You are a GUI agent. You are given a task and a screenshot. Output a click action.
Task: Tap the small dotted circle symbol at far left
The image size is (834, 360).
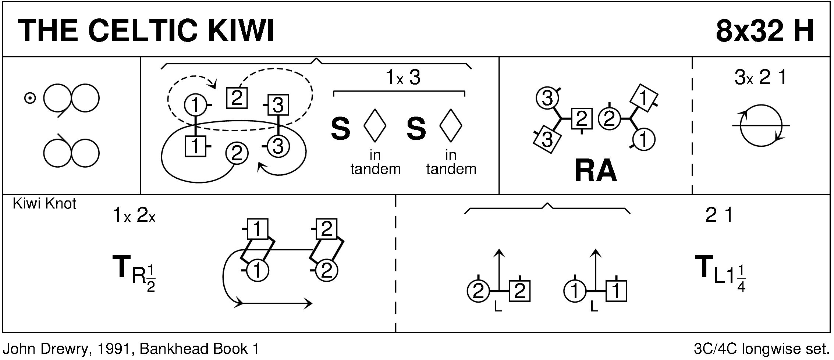pyautogui.click(x=30, y=99)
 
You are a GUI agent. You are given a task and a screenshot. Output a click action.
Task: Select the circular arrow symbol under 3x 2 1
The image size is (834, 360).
pyautogui.click(x=761, y=126)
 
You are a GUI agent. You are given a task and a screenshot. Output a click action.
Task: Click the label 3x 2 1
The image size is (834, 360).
pyautogui.click(x=760, y=78)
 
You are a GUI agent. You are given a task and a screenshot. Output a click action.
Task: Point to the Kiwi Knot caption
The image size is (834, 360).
pyautogui.click(x=45, y=204)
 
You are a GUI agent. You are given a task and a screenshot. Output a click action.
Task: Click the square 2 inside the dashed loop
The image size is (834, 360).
pyautogui.click(x=237, y=98)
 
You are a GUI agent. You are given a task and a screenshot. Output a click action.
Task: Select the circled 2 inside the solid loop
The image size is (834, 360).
pyautogui.click(x=237, y=153)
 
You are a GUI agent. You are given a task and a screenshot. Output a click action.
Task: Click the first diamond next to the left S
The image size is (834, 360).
pyautogui.click(x=375, y=125)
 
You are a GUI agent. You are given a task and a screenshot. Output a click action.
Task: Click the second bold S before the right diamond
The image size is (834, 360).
pyautogui.click(x=416, y=129)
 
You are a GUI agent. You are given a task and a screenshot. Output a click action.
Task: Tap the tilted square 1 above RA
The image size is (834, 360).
pyautogui.click(x=643, y=98)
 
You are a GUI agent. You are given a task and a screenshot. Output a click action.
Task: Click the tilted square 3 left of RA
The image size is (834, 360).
pyautogui.click(x=547, y=140)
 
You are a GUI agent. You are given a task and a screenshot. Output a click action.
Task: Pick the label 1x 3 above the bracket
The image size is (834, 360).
pyautogui.click(x=403, y=78)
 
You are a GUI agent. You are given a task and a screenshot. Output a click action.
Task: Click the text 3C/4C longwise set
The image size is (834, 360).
pyautogui.click(x=760, y=349)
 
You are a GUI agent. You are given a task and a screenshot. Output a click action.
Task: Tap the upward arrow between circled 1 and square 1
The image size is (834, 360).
pyautogui.click(x=595, y=268)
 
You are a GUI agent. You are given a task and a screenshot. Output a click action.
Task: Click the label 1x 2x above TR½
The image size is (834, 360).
pyautogui.click(x=134, y=216)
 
